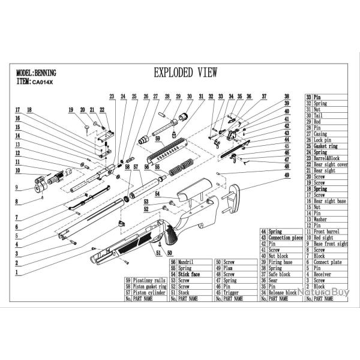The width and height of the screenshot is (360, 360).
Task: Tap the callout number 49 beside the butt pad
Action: pyautogui.click(x=287, y=175)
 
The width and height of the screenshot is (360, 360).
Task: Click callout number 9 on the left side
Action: pyautogui.click(x=18, y=187)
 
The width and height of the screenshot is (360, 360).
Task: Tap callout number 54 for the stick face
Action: pyautogui.click(x=157, y=193)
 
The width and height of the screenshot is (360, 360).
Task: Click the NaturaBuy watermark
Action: pyautogui.click(x=325, y=290)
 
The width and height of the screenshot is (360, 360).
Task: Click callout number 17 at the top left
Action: pyautogui.click(x=18, y=110)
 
